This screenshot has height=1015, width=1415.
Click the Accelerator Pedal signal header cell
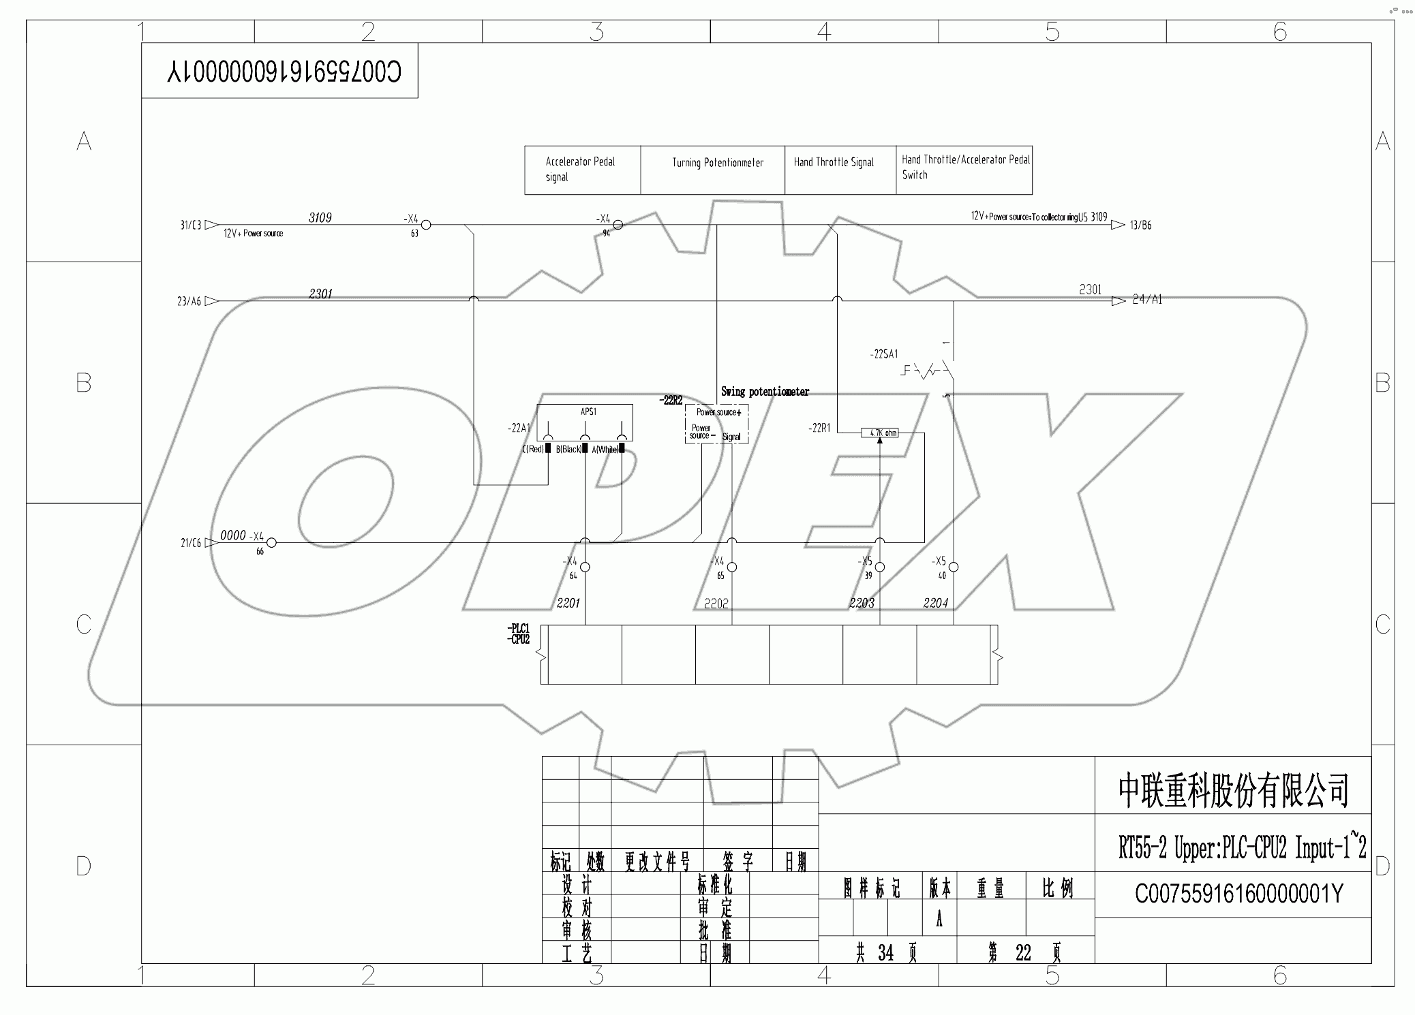(581, 170)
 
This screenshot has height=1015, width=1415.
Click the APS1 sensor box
(585, 423)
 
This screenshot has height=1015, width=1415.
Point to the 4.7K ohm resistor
(879, 433)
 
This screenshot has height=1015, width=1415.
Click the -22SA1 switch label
(883, 354)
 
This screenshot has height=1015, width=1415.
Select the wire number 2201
(568, 603)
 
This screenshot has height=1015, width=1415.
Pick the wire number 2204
(935, 603)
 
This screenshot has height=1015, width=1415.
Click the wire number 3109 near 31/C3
(320, 217)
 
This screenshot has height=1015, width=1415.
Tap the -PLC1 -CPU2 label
(519, 634)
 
